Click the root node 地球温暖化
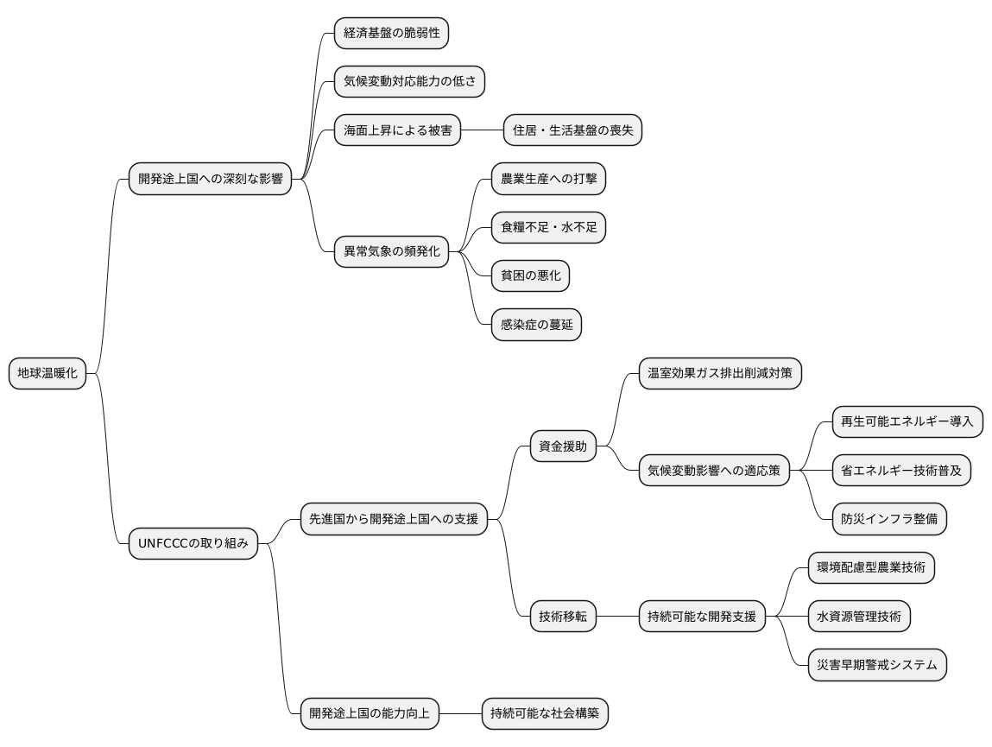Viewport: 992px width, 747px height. (47, 373)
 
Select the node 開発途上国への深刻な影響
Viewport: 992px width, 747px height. (210, 179)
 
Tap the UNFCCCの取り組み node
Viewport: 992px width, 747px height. (193, 543)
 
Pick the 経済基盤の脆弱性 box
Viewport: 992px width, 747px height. (391, 33)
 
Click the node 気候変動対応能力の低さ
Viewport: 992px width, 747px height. (409, 82)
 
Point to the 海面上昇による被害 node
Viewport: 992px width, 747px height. (397, 130)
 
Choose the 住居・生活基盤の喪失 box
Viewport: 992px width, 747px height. (572, 130)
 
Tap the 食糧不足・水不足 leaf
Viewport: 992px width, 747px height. (548, 227)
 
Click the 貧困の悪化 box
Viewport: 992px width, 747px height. (530, 275)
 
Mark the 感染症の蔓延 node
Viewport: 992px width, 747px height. (536, 325)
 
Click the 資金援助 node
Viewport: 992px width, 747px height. (562, 446)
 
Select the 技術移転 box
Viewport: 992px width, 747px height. (562, 617)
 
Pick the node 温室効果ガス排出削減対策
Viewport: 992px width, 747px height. (719, 373)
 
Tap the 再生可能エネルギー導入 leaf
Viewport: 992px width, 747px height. (907, 421)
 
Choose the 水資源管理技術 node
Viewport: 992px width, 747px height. (858, 617)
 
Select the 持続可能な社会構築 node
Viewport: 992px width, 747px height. (544, 713)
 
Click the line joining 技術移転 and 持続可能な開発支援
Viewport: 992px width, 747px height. (617, 617)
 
